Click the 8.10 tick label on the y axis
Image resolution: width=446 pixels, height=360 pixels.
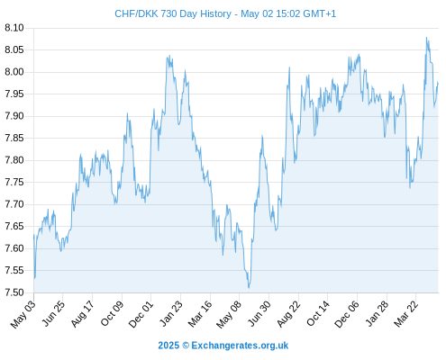point(14,28)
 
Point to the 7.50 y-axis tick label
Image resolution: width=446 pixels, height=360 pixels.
point(14,292)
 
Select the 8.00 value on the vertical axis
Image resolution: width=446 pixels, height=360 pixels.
point(14,72)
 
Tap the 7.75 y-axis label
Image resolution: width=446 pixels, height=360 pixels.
point(14,182)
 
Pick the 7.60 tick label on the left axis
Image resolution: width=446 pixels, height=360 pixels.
point(14,248)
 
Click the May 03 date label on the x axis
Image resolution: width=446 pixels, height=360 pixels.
point(23,314)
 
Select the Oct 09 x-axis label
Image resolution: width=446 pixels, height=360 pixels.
point(112,313)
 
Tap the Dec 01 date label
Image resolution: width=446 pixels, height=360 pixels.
point(141,314)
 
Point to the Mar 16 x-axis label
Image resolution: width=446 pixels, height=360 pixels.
point(200,313)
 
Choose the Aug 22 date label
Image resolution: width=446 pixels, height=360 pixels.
point(288,313)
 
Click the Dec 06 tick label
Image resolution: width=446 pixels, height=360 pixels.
point(347,314)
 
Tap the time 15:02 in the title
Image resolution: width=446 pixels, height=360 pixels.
point(288,13)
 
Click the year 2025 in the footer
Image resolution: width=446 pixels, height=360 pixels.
point(168,346)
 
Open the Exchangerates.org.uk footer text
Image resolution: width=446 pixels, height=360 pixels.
point(240,346)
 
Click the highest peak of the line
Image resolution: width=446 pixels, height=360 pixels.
point(426,38)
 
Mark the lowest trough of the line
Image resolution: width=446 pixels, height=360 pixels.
point(249,288)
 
